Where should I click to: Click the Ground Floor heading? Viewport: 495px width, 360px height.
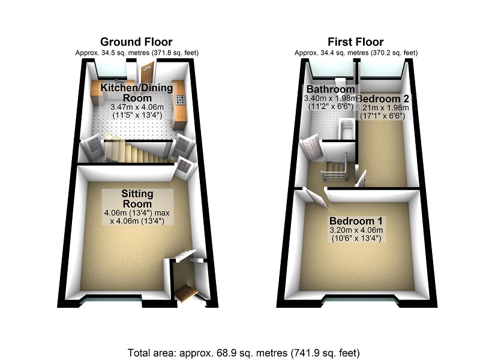click(136, 41)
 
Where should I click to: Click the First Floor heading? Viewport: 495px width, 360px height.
click(355, 41)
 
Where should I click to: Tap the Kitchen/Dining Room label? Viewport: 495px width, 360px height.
click(136, 92)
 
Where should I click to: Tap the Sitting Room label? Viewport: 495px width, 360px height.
click(137, 199)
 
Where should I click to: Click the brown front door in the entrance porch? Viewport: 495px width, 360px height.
click(187, 292)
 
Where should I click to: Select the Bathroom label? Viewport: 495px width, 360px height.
click(330, 89)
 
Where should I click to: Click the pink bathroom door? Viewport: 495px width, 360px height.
click(312, 148)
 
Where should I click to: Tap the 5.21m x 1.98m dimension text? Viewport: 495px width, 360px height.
click(382, 108)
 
